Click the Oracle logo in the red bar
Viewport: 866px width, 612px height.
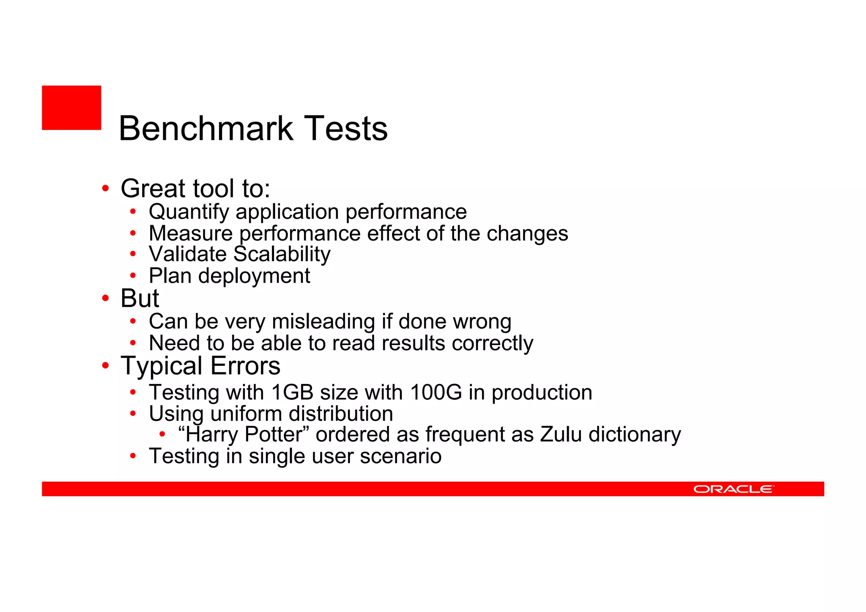click(734, 489)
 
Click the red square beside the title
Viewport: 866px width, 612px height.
click(71, 107)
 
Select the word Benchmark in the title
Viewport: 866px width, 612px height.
click(206, 129)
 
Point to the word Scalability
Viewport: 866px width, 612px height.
click(282, 254)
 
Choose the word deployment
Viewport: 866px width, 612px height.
click(254, 276)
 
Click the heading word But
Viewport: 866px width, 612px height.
click(140, 298)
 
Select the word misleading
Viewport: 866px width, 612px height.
click(323, 321)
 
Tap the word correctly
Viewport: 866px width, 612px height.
click(492, 343)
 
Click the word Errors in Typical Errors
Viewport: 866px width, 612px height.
click(245, 366)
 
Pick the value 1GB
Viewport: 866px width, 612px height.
click(292, 392)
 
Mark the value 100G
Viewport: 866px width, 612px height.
click(436, 392)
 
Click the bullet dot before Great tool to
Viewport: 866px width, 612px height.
click(105, 188)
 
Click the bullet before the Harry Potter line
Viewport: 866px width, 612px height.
click(162, 434)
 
